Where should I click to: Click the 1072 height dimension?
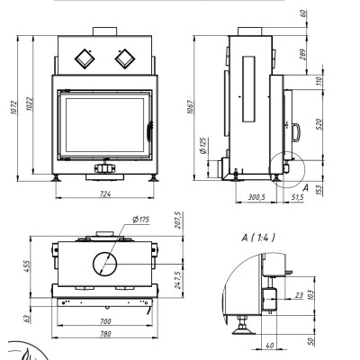click(x=14, y=107)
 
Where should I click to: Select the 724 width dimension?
click(x=105, y=194)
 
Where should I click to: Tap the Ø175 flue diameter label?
click(x=140, y=220)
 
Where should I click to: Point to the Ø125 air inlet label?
click(x=203, y=146)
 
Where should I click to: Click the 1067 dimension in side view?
click(x=190, y=107)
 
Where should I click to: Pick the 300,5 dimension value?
click(x=256, y=197)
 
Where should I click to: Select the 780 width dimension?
click(x=105, y=334)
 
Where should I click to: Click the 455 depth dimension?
click(x=26, y=266)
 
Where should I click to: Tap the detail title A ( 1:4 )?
click(x=258, y=238)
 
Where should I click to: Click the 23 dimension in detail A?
click(x=299, y=295)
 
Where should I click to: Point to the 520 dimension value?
click(x=319, y=124)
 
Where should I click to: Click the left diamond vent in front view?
click(x=85, y=58)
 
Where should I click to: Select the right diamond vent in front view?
click(x=125, y=58)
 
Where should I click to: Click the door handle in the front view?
click(x=149, y=131)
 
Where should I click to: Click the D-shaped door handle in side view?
click(x=296, y=132)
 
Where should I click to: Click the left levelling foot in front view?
click(x=56, y=178)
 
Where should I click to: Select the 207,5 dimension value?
click(x=178, y=220)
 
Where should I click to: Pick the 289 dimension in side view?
click(x=304, y=55)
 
